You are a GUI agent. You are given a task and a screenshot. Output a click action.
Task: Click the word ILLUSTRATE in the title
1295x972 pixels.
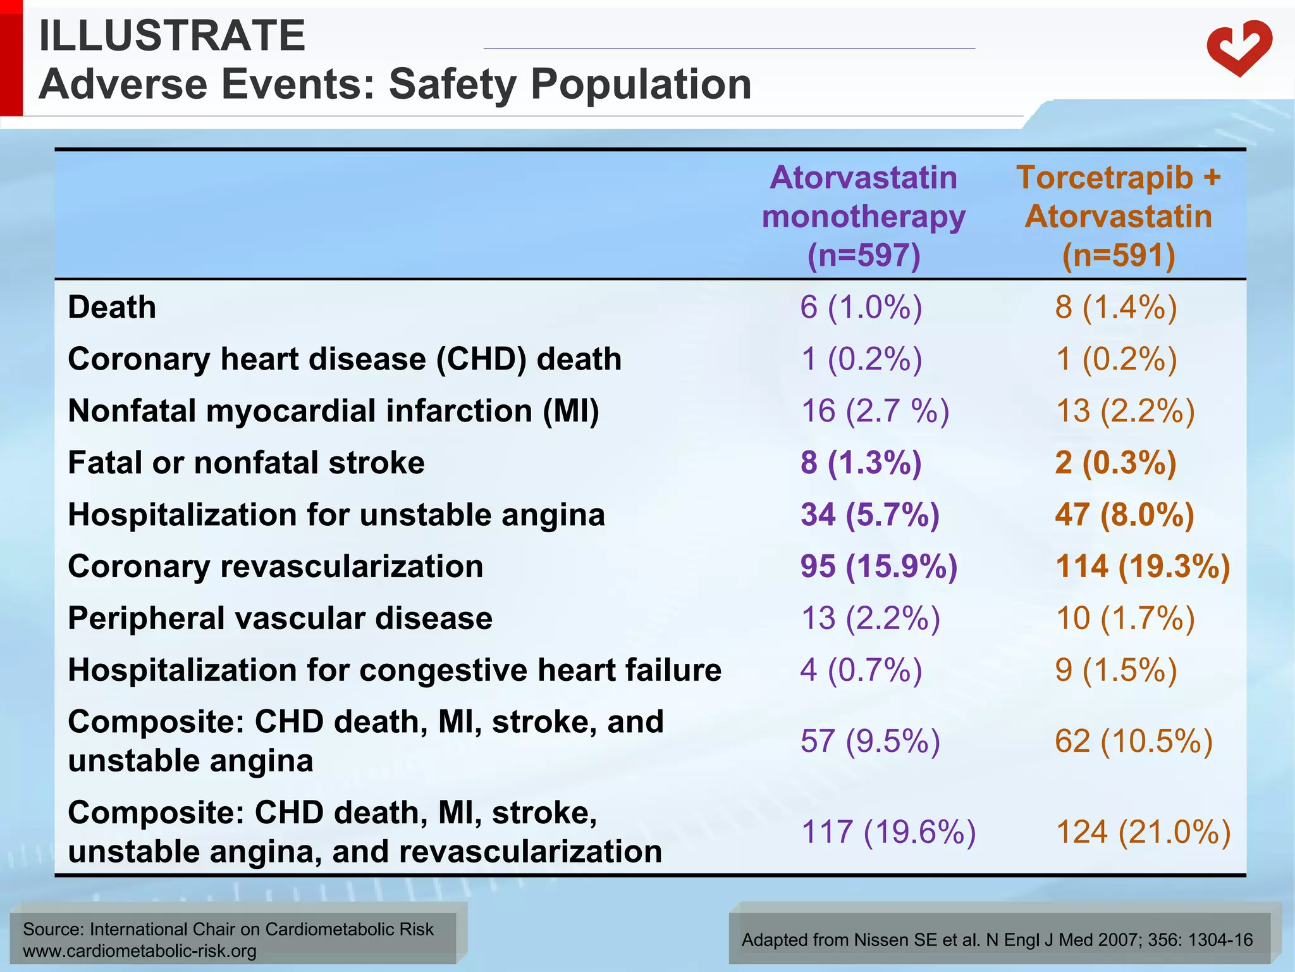172,36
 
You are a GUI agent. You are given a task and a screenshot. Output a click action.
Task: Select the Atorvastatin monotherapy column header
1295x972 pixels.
864,216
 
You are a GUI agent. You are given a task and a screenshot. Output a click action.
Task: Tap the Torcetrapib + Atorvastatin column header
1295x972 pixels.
1118,216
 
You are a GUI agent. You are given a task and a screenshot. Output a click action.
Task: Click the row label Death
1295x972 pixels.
112,308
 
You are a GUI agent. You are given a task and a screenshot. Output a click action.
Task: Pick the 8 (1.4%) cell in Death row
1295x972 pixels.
1116,308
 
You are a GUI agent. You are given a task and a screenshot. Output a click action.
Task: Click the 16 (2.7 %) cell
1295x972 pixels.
875,411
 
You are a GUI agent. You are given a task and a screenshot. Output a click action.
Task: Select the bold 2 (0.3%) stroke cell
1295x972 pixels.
1116,463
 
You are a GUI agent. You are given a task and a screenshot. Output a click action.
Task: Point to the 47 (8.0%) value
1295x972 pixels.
1124,514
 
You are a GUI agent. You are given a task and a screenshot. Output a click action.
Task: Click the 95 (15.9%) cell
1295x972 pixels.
879,566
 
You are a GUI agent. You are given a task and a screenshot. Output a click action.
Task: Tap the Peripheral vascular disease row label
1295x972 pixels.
280,618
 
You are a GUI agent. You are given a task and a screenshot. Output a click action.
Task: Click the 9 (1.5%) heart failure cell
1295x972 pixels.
1116,670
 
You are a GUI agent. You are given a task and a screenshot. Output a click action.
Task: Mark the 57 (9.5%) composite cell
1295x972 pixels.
870,741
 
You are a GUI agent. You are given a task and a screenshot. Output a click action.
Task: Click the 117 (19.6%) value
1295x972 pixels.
888,832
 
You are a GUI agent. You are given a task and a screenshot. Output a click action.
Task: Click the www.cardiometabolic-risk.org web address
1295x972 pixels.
140,951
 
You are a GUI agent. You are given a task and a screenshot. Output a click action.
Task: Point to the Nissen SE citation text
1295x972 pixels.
997,940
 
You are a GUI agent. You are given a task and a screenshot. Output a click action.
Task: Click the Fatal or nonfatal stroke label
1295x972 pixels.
246,463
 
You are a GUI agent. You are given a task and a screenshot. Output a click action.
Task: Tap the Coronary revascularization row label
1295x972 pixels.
276,566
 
